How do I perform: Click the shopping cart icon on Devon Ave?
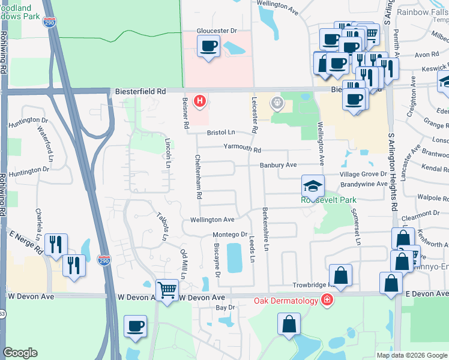[x=167, y=292]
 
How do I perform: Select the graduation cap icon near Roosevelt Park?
[x=313, y=186]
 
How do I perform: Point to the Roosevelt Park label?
[x=331, y=200]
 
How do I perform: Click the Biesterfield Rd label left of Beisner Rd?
[x=140, y=91]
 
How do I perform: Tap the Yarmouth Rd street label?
[x=243, y=148]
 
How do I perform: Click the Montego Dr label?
[x=230, y=235]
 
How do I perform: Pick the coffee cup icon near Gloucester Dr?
[x=209, y=47]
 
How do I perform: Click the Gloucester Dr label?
[x=217, y=31]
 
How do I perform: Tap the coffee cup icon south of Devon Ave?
[x=136, y=327]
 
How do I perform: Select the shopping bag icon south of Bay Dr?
[x=289, y=324]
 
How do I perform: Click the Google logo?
[x=20, y=353]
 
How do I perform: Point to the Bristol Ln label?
[x=221, y=133]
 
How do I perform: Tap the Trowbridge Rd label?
[x=312, y=286]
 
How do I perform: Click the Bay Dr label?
[x=225, y=307]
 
